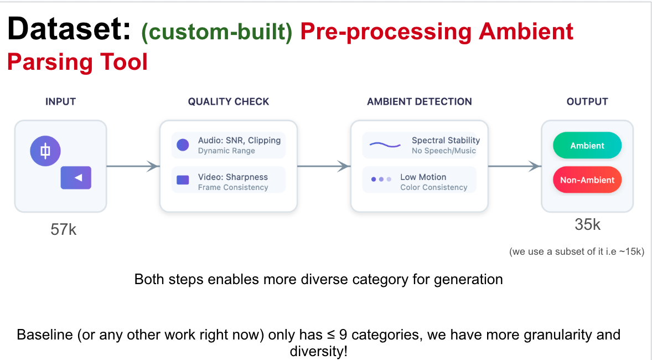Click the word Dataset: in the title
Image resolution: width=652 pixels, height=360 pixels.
click(x=69, y=29)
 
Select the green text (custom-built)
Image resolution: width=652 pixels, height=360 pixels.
click(x=216, y=32)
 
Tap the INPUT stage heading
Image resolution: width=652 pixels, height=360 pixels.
click(x=60, y=101)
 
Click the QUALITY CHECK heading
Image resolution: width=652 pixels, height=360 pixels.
click(x=228, y=101)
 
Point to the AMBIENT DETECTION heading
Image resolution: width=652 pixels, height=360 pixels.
click(x=419, y=101)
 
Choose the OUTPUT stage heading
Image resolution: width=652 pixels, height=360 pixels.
click(x=587, y=101)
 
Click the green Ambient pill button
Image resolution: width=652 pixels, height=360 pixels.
click(x=587, y=146)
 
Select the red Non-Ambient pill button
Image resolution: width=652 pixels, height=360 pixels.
click(x=587, y=180)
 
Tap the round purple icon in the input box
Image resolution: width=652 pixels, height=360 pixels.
click(x=45, y=151)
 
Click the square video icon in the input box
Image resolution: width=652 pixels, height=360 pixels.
click(x=76, y=178)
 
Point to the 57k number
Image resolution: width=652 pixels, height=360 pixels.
click(x=63, y=229)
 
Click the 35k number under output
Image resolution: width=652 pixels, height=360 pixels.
click(x=587, y=224)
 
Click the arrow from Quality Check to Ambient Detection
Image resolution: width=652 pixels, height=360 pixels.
click(x=324, y=166)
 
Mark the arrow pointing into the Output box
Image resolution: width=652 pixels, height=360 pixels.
click(x=515, y=166)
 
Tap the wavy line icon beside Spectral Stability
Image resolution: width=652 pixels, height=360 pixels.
click(x=385, y=145)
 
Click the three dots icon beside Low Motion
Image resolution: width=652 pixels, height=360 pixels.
click(x=381, y=179)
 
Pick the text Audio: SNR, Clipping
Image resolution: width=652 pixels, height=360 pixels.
click(x=239, y=140)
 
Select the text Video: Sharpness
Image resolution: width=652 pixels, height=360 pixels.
click(x=232, y=177)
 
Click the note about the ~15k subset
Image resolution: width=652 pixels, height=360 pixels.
click(x=576, y=251)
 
